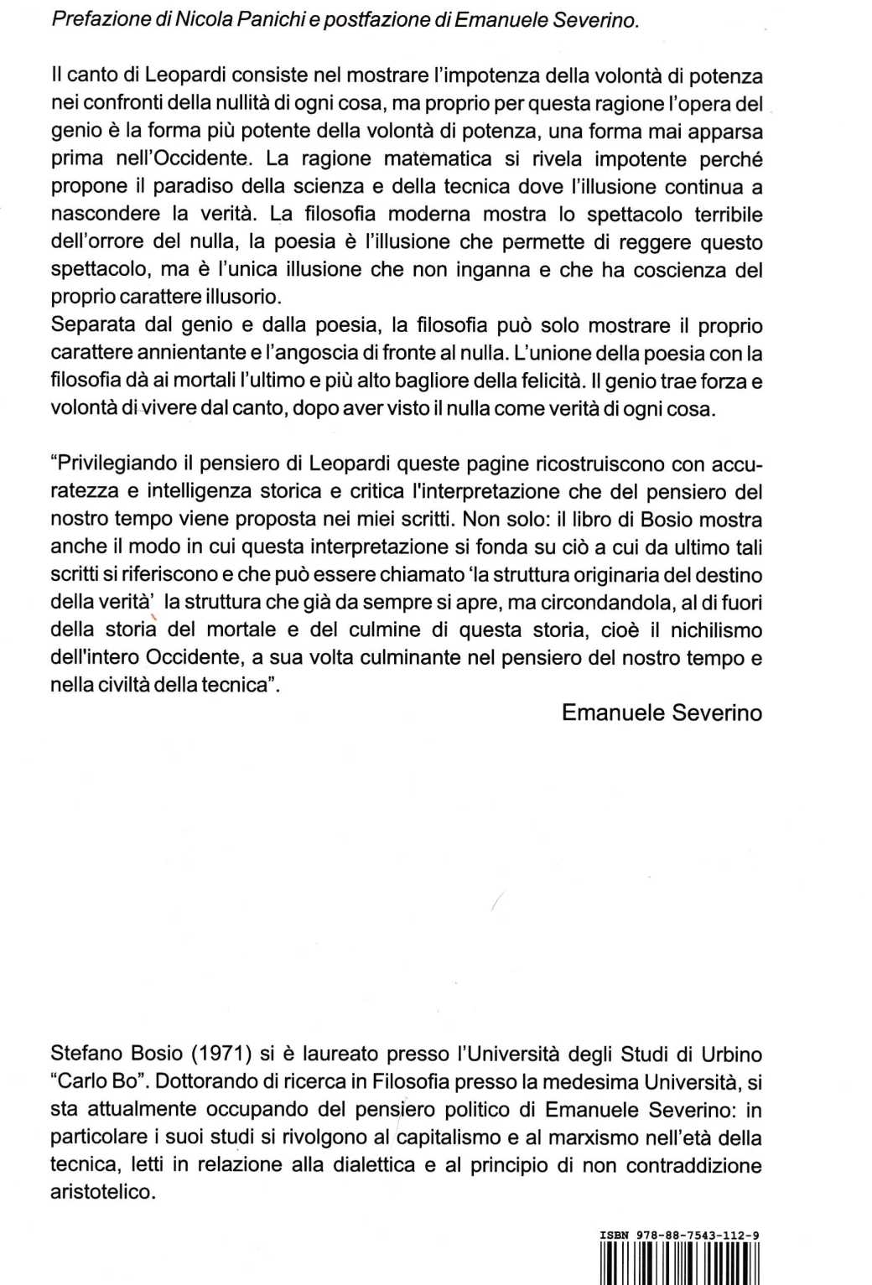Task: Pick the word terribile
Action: (x=728, y=215)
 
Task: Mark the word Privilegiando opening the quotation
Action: (x=115, y=464)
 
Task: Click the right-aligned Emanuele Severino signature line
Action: (x=662, y=713)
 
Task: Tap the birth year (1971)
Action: (x=217, y=1054)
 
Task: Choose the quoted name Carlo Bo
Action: (x=97, y=1082)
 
